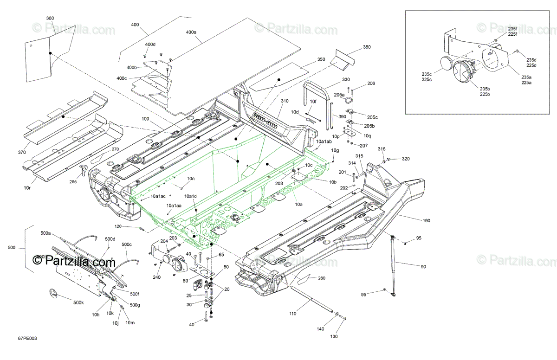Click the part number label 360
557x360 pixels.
coord(50,18)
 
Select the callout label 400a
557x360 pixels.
coord(191,32)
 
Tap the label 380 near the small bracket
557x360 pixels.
coord(367,47)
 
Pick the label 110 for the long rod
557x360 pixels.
coord(292,314)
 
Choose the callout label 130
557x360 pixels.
coord(334,336)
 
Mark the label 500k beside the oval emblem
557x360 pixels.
coord(78,303)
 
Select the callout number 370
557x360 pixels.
coord(22,152)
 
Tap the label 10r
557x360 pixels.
coord(27,188)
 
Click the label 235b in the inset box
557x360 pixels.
coord(485,89)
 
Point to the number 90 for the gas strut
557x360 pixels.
coord(423,267)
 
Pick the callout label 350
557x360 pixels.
coord(321,59)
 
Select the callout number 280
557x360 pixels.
coord(322,278)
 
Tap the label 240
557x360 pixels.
coord(157,277)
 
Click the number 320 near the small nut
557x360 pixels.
coord(406,159)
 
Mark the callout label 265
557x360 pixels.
coord(72,182)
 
